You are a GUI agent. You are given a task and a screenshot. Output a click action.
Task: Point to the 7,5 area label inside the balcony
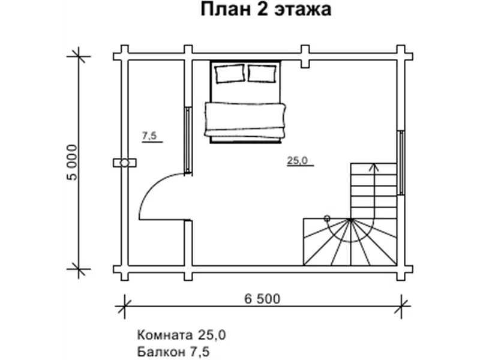click(149, 137)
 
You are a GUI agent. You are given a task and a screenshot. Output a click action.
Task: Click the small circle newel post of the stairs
click(326, 218)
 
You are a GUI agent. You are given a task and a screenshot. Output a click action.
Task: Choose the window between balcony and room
click(189, 140)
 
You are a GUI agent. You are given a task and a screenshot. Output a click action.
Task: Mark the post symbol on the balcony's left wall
click(125, 163)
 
